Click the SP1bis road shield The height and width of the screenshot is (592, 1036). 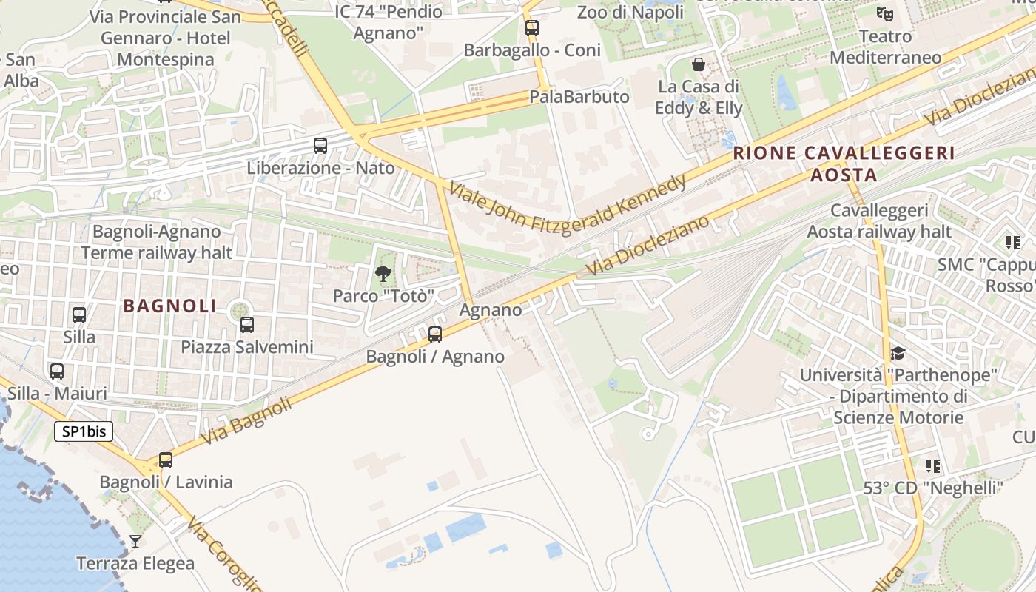84,431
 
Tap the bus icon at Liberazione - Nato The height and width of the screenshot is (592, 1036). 320,146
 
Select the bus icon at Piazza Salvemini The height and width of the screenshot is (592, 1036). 247,324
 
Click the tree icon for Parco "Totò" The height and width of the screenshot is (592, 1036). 383,275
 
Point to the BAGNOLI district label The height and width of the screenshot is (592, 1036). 170,306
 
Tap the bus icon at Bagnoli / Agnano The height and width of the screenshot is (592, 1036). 435,334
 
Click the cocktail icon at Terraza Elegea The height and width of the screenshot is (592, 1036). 135,542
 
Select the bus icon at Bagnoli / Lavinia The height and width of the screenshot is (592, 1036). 166,460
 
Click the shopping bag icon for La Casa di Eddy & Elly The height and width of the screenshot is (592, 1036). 698,64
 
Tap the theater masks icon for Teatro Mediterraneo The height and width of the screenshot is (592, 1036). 884,13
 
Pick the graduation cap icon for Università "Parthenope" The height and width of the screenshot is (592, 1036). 898,353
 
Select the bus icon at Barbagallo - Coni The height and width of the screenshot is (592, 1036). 532,28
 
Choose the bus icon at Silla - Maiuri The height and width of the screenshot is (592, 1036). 57,371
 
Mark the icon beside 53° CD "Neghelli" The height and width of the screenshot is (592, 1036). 933,466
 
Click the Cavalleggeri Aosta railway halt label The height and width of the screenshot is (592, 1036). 879,221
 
